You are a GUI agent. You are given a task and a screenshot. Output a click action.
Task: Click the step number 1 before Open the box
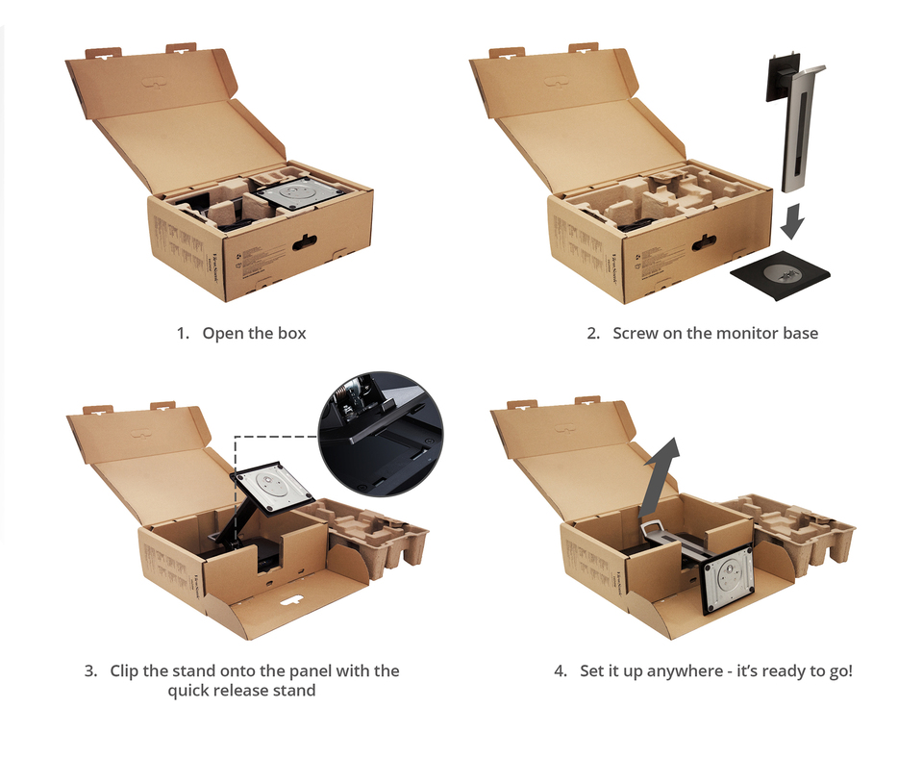[181, 334]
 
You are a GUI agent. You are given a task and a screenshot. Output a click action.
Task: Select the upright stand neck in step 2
[799, 135]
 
